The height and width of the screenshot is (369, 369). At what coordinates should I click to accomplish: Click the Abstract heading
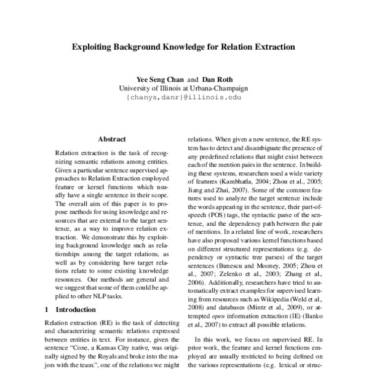112,139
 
